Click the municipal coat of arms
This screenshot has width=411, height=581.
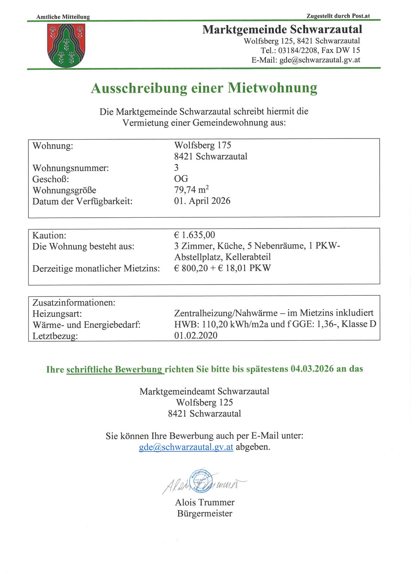66,46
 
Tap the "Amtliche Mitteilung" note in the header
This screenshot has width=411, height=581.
63,17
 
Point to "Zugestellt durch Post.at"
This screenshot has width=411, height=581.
338,16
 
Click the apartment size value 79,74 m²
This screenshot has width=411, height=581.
191,190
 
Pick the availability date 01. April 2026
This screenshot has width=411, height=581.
202,201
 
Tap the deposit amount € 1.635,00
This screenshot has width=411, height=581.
194,235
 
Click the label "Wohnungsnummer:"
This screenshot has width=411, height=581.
71,168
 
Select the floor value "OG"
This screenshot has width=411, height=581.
181,178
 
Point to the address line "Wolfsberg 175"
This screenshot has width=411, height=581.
203,145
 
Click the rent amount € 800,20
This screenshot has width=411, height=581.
191,268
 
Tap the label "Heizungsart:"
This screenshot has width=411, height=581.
57,314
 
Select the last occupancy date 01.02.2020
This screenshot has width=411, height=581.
196,335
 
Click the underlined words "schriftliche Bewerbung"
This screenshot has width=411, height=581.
115,369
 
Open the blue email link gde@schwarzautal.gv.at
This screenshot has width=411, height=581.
186,447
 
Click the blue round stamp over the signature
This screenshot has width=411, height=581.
201,481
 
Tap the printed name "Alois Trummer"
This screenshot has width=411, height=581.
205,502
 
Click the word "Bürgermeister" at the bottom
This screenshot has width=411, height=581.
205,513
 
